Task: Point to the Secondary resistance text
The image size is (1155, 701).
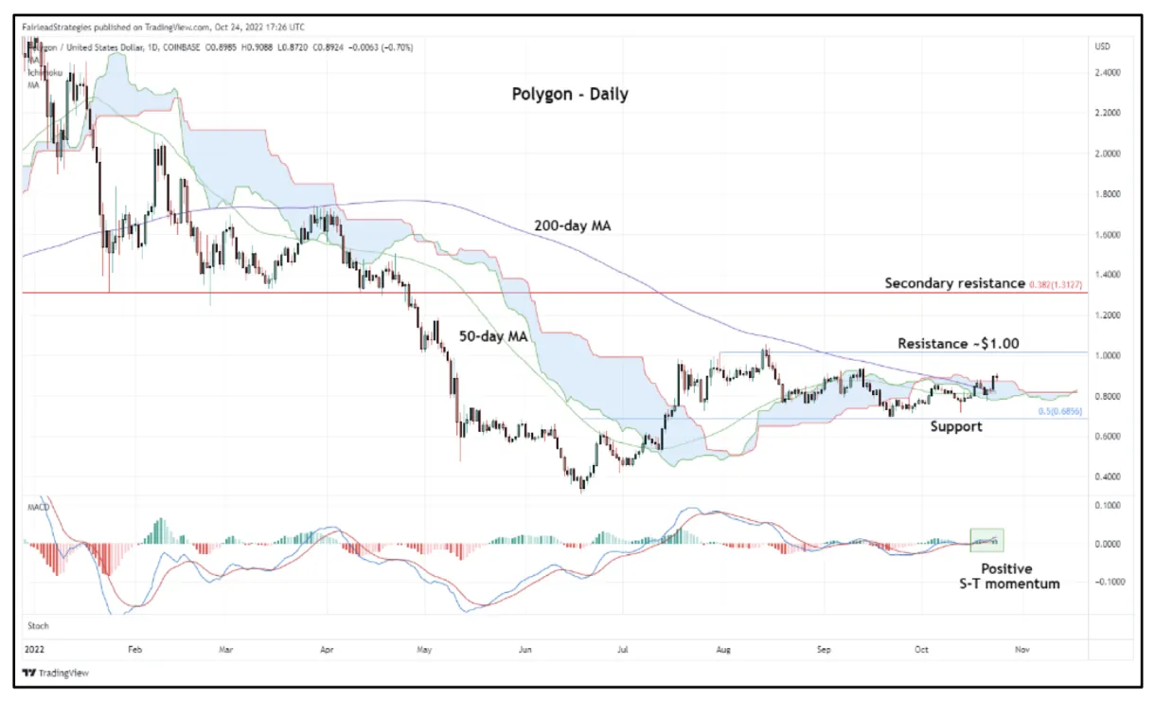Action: [x=954, y=283]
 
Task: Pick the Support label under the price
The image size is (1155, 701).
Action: [x=955, y=427]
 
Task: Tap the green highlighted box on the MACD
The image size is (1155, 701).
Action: [x=986, y=540]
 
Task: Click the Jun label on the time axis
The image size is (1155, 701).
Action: [x=524, y=651]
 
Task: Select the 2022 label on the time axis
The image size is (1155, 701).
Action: [x=34, y=651]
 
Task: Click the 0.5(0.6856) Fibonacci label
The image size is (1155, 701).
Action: [x=1060, y=410]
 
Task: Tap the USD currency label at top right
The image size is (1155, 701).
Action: [x=1103, y=46]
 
